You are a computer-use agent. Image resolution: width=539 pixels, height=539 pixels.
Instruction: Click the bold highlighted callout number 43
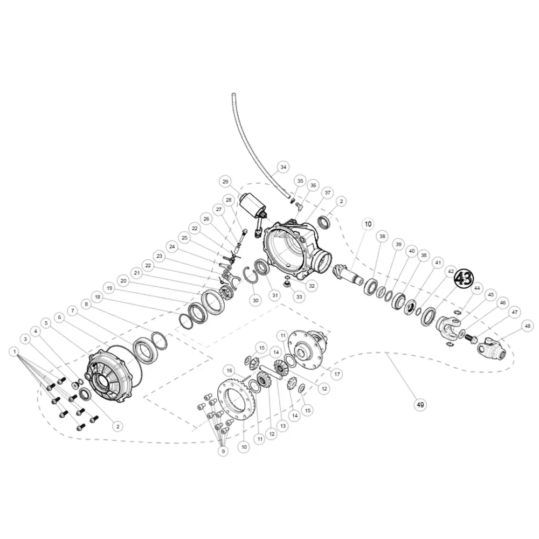pyautogui.click(x=463, y=279)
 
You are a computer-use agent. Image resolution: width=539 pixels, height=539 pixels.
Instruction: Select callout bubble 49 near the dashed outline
pyautogui.click(x=419, y=404)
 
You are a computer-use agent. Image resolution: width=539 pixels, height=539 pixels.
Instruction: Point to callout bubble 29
pyautogui.click(x=225, y=181)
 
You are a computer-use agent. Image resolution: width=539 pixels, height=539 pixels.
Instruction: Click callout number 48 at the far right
pyautogui.click(x=527, y=326)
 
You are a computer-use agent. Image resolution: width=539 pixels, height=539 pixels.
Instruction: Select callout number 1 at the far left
pyautogui.click(x=13, y=351)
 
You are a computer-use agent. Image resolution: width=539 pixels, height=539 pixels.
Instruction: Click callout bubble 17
pyautogui.click(x=337, y=374)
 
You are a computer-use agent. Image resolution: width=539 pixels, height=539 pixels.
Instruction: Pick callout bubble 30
pyautogui.click(x=255, y=299)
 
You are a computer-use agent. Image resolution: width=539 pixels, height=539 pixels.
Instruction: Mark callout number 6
pyautogui.click(x=59, y=318)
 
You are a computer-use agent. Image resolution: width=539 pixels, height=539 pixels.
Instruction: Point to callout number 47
pyautogui.click(x=515, y=312)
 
